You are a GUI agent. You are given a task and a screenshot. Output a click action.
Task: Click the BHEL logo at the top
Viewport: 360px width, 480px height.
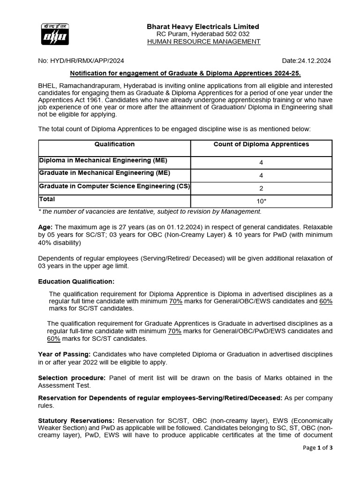(x=54, y=33)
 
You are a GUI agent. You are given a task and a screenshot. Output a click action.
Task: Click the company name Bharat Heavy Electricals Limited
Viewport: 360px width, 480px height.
(x=203, y=27)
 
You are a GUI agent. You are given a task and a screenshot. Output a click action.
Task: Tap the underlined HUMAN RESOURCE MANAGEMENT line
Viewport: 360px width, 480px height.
(x=203, y=42)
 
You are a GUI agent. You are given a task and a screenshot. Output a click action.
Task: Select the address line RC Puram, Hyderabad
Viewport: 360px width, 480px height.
(x=203, y=34)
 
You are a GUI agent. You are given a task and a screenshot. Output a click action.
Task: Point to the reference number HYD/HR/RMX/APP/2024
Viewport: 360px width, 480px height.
(x=81, y=61)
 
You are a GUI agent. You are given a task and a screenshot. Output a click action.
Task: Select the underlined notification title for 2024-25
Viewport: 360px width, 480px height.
(x=185, y=74)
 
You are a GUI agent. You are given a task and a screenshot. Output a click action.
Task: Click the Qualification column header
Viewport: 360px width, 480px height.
(x=114, y=144)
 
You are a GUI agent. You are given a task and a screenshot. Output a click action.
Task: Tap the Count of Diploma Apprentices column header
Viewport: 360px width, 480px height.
(x=261, y=144)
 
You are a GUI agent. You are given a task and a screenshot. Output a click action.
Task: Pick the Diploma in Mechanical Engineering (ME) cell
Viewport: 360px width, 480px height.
(x=103, y=160)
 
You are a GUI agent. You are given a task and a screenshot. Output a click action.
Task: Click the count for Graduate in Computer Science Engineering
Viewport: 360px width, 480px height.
(x=261, y=188)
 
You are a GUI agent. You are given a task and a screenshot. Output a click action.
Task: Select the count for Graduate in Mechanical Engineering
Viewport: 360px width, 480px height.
(x=261, y=175)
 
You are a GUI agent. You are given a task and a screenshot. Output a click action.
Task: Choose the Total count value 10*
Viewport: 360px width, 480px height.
(x=261, y=201)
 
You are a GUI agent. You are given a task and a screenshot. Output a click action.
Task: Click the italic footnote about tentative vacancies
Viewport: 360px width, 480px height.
(x=150, y=211)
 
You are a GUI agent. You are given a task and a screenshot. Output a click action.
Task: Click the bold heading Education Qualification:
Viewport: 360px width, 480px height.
(x=76, y=281)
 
